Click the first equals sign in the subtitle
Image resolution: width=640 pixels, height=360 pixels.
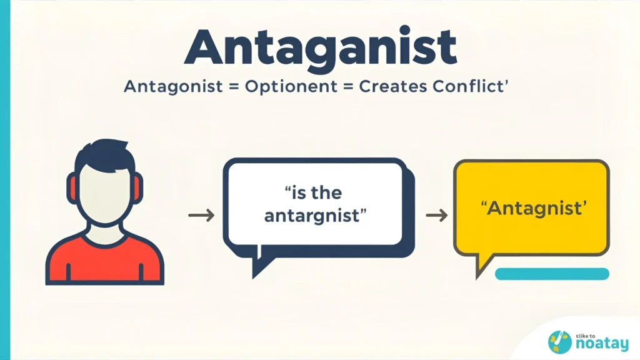coord(231,87)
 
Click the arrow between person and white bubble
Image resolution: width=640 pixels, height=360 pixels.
coord(201,216)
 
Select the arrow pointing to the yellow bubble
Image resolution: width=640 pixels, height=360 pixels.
coord(436,216)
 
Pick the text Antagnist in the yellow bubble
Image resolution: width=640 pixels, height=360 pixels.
coord(533,207)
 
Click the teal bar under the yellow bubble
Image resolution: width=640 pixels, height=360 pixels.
coord(551,274)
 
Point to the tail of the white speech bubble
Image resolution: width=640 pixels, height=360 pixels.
coord(259,266)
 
